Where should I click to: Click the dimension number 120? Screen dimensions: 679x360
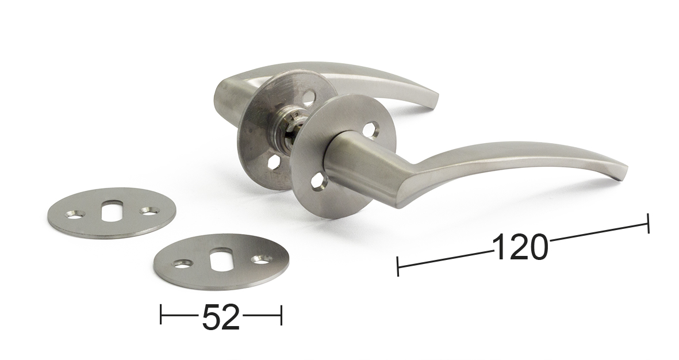click(x=520, y=247)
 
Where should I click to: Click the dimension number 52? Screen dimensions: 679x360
click(x=221, y=317)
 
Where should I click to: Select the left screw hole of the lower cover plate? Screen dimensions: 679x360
click(x=181, y=263)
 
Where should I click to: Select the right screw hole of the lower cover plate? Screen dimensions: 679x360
click(x=262, y=259)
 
